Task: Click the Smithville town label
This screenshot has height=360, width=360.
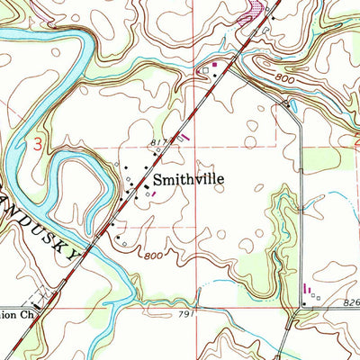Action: (x=190, y=179)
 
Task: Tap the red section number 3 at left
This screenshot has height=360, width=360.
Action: (x=37, y=144)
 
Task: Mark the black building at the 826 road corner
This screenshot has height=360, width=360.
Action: (x=304, y=303)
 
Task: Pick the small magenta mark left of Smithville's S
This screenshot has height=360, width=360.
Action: (x=153, y=191)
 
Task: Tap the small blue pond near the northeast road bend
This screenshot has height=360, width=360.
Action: (x=286, y=102)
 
